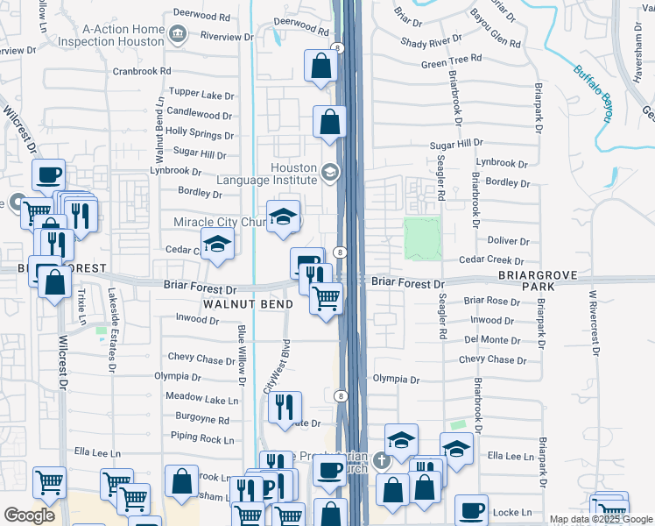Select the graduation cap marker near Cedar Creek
point(217,245)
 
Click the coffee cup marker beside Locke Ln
point(471,508)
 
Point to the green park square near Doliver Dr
point(422,238)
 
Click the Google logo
point(29,515)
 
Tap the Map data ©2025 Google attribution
point(601,519)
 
